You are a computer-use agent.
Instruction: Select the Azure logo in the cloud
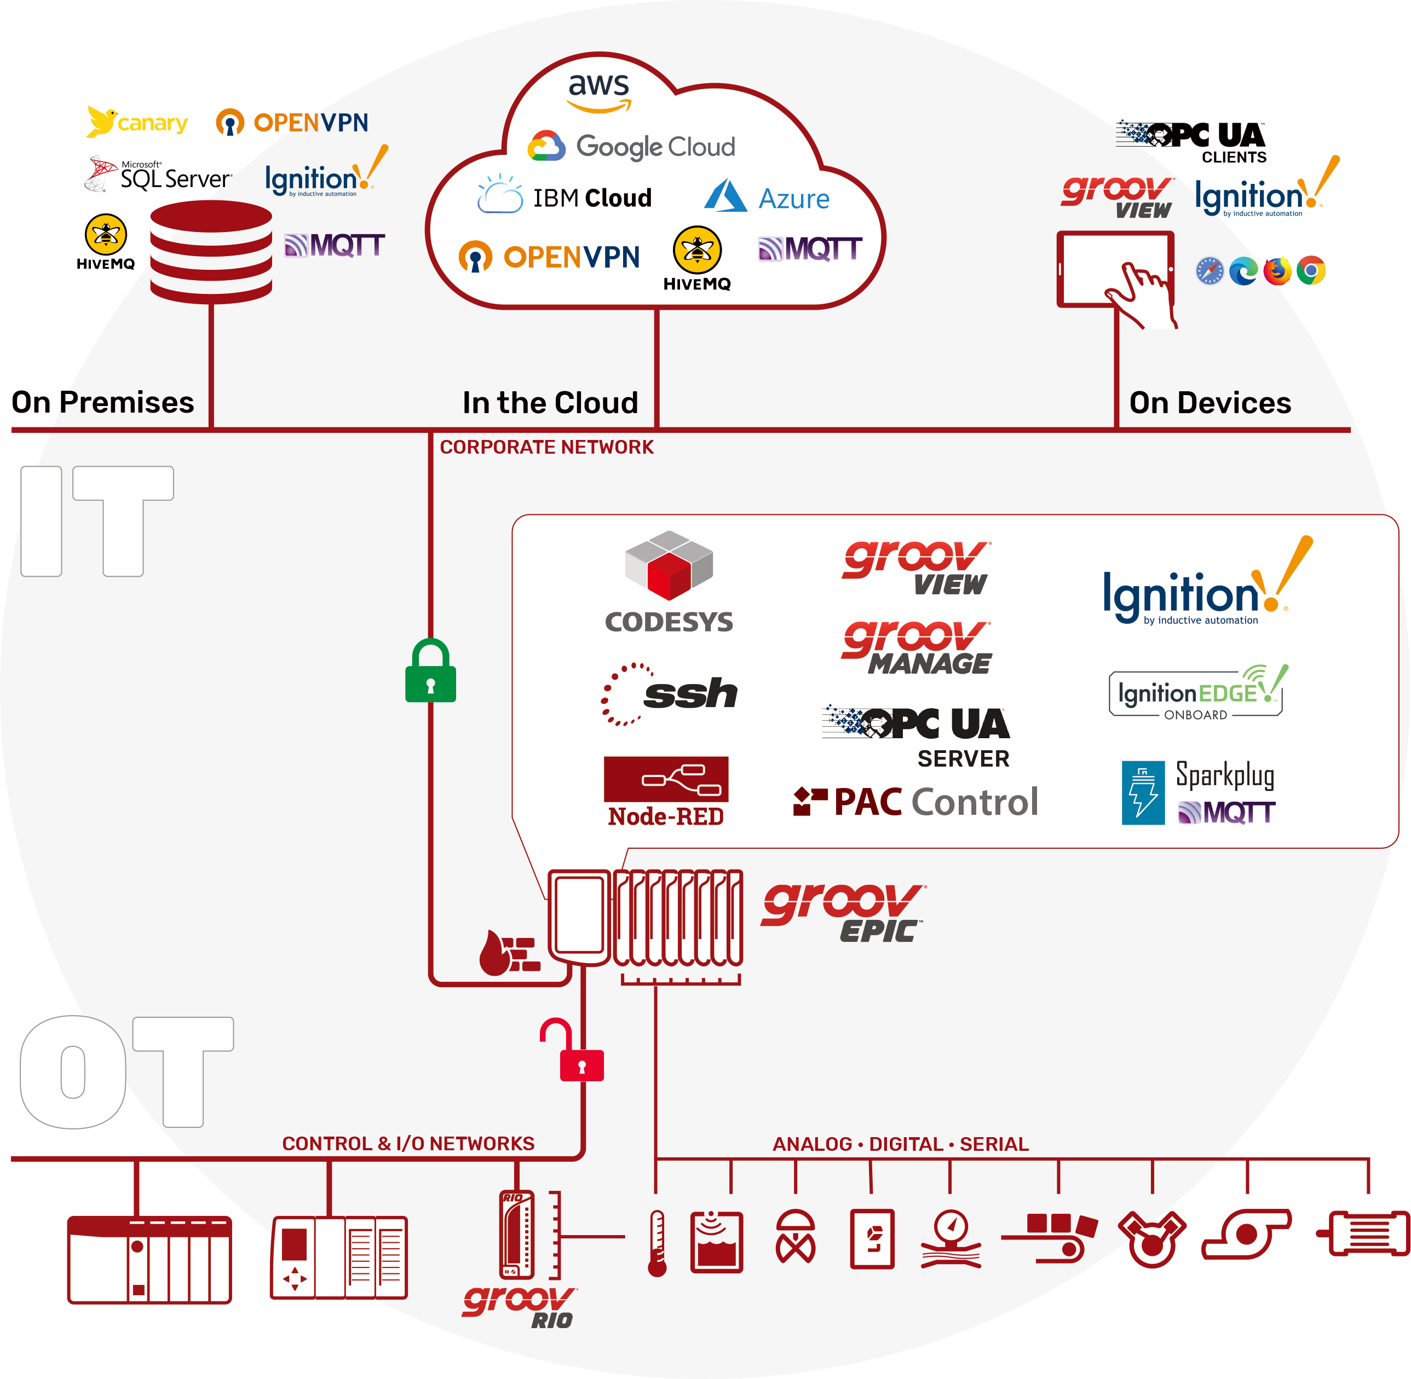pyautogui.click(x=766, y=197)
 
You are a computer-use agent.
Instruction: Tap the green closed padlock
pyautogui.click(x=430, y=671)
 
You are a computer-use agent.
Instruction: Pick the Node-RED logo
pyautogui.click(x=666, y=791)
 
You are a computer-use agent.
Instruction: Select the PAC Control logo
pyautogui.click(x=916, y=802)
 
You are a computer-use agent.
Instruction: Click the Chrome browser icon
pyautogui.click(x=1311, y=270)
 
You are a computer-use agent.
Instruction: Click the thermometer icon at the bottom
pyautogui.click(x=656, y=1243)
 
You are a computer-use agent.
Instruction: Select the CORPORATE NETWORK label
pyautogui.click(x=546, y=447)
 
